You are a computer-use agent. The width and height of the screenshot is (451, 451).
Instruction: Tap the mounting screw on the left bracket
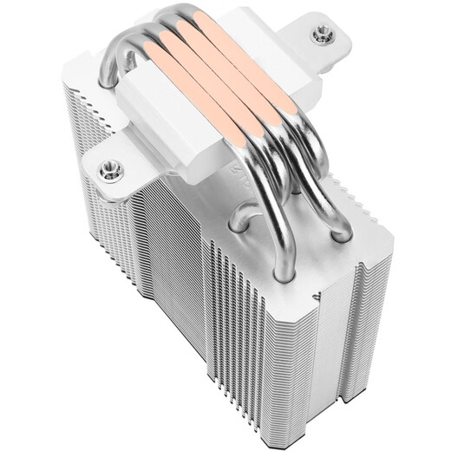pyautogui.click(x=110, y=170)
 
